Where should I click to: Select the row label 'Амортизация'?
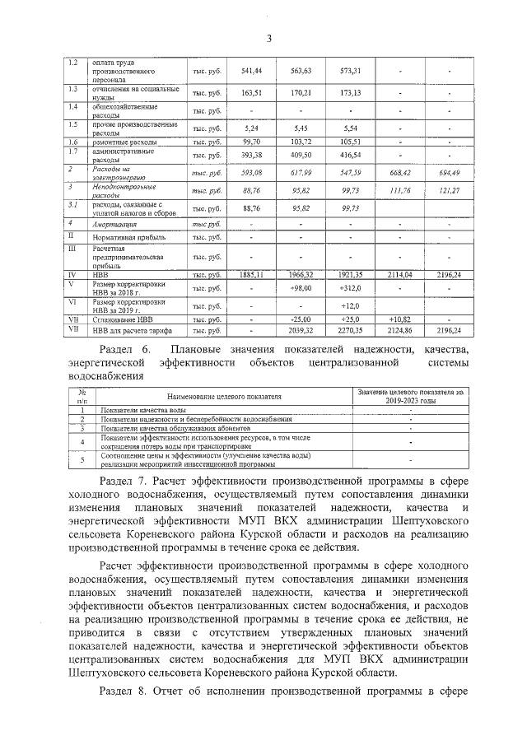[114, 224]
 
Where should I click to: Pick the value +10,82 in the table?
[399, 319]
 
